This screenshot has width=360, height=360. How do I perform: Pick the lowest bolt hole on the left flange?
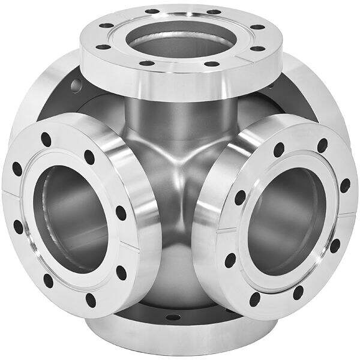(x=91, y=298)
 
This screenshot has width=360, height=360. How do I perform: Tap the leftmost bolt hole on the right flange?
(x=231, y=260)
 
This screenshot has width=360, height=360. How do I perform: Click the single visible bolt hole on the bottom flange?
(x=173, y=316)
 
